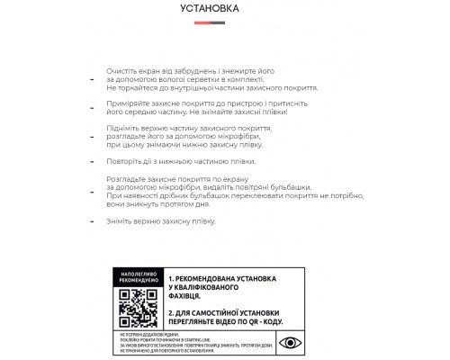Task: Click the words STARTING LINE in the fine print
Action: [201, 334]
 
